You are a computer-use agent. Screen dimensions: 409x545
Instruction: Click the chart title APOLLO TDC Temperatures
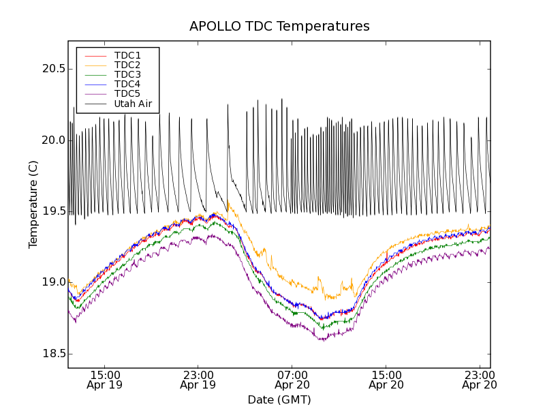(x=279, y=27)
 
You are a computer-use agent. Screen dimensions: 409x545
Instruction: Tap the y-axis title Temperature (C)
(x=33, y=204)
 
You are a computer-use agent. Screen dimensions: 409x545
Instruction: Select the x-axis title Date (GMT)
(x=279, y=399)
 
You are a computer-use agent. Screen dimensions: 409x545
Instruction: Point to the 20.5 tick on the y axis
(x=53, y=69)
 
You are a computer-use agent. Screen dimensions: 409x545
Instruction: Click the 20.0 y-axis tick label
(x=53, y=140)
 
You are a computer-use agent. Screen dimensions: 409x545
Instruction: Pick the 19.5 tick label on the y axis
(x=53, y=211)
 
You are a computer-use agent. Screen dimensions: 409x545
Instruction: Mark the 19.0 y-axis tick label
(x=53, y=282)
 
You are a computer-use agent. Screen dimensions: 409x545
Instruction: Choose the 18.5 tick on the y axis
(x=53, y=354)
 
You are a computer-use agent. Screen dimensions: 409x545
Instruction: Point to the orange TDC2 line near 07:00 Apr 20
(x=292, y=281)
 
